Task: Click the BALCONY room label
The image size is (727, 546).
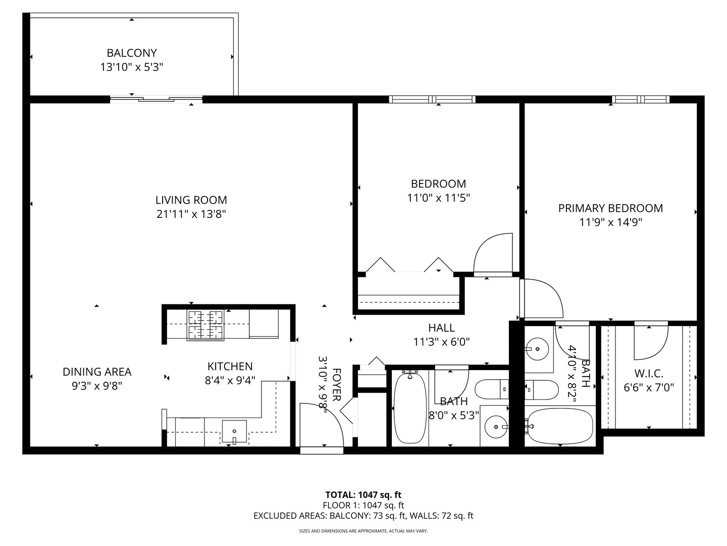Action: [132, 53]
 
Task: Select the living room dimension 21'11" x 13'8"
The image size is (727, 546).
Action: [191, 214]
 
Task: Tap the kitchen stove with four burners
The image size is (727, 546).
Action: [205, 325]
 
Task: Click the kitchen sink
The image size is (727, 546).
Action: [235, 431]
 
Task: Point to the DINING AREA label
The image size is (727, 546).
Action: [97, 372]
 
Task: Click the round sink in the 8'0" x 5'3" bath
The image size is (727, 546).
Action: [497, 427]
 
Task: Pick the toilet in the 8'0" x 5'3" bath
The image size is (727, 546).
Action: [492, 389]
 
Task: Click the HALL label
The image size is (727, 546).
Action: [441, 328]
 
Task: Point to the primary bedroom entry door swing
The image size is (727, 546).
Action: [543, 298]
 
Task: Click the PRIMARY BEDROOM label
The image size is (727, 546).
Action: [610, 208]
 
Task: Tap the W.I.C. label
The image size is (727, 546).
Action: [649, 374]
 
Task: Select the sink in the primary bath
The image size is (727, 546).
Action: [537, 348]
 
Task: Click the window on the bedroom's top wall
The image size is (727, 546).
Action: [432, 99]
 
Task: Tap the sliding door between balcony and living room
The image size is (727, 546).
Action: [157, 99]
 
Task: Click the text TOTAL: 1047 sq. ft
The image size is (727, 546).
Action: [363, 494]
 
